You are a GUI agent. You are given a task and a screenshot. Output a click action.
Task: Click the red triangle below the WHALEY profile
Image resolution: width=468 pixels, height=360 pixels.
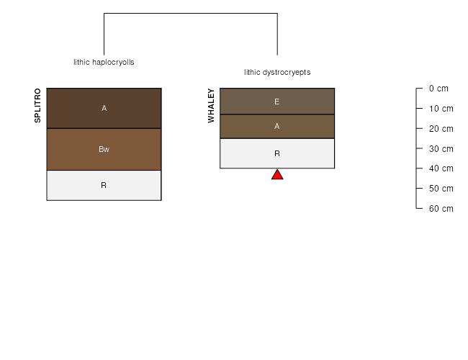(x=277, y=175)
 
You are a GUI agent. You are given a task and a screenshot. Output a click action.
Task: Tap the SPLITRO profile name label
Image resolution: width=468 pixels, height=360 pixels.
(x=37, y=105)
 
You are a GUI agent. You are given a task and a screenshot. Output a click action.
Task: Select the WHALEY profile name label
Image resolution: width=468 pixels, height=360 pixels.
(x=211, y=106)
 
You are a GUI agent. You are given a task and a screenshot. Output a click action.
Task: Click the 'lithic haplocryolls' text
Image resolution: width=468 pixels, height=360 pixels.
(x=104, y=62)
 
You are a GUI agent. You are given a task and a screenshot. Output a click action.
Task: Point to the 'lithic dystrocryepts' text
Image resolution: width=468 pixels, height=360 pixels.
(x=277, y=72)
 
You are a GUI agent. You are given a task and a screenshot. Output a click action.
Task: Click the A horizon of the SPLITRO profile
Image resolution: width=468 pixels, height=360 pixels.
(x=104, y=108)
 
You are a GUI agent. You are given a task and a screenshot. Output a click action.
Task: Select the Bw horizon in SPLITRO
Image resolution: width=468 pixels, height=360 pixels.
(x=104, y=149)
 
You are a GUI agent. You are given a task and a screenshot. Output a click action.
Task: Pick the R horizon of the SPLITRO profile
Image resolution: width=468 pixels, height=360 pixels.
(x=104, y=185)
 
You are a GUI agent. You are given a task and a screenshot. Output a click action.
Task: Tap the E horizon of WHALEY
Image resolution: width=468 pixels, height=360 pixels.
(x=277, y=102)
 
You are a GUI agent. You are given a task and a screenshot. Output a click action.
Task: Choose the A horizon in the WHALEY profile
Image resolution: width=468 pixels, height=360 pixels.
(x=277, y=126)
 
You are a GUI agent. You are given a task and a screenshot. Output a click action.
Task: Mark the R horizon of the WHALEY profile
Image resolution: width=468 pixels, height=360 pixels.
(x=277, y=153)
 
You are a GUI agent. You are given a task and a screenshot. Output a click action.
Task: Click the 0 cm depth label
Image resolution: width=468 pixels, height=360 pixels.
(x=438, y=89)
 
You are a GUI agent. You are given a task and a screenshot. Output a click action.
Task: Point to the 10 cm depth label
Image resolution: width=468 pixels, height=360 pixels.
(x=441, y=108)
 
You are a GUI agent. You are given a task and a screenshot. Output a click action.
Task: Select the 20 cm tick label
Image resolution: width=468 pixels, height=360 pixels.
(x=441, y=129)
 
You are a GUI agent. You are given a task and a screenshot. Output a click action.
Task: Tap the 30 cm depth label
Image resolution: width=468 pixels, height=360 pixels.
(x=441, y=148)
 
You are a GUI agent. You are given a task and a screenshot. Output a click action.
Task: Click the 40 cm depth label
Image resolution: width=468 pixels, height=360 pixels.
(x=441, y=168)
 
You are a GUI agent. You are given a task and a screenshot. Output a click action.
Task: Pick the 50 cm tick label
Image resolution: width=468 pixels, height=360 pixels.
(x=441, y=189)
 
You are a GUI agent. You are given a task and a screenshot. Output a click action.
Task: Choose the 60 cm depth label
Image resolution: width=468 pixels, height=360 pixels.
(x=441, y=208)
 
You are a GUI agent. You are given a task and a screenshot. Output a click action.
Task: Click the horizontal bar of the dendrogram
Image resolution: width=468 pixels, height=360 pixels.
(x=191, y=13)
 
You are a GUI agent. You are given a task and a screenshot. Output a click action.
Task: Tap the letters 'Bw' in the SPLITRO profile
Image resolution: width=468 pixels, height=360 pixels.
(x=104, y=149)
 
